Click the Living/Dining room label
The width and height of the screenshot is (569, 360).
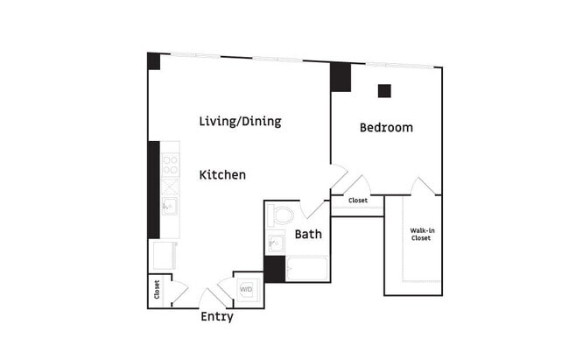[x=240, y=121]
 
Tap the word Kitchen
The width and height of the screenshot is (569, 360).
[x=222, y=174]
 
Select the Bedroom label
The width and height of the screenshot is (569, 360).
[x=386, y=127]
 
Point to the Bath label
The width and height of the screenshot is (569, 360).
[x=308, y=234]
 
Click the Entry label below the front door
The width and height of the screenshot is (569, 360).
[x=216, y=317]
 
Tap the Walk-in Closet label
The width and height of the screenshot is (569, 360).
[x=421, y=235]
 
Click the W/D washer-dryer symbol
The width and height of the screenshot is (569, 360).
[x=246, y=289]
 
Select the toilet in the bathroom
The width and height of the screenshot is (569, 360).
[x=282, y=215]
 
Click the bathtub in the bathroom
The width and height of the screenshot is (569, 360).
[x=306, y=268]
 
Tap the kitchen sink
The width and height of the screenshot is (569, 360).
[x=169, y=207]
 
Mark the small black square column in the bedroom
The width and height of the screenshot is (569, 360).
[x=384, y=90]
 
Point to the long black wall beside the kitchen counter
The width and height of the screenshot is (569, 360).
[x=153, y=188]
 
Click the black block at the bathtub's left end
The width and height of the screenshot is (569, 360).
[x=274, y=269]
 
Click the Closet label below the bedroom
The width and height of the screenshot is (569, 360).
[x=358, y=201]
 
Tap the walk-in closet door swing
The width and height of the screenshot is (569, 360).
[x=424, y=186]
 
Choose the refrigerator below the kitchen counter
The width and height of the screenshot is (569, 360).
[x=164, y=255]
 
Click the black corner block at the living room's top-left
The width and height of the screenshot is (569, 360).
[x=153, y=60]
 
